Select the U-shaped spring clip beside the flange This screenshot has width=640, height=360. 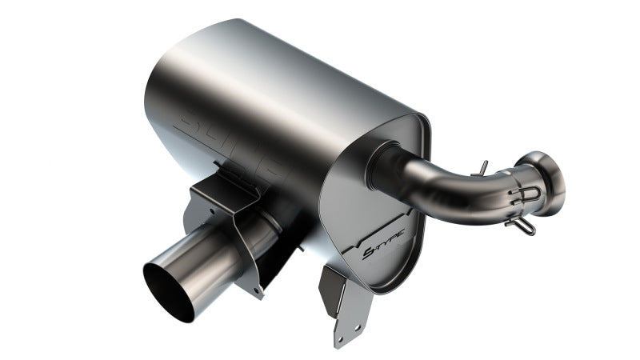(x=529, y=194)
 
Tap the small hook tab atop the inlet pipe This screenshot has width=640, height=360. (x=482, y=166)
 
